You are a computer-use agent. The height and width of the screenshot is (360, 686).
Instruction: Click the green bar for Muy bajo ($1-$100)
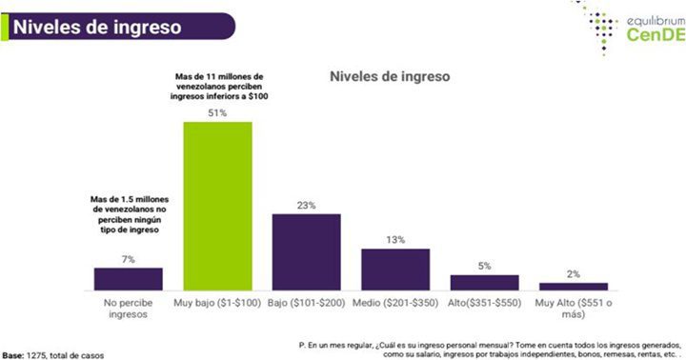(218, 205)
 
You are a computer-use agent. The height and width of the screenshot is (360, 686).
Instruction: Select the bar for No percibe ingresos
(129, 278)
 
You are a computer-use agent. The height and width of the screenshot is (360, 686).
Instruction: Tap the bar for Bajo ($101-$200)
(306, 250)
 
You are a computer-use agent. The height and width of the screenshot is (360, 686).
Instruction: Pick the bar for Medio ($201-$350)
(394, 269)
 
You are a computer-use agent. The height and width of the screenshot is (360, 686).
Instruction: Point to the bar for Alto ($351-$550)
(484, 281)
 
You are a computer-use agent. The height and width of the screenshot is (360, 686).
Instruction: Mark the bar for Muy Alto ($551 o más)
(573, 286)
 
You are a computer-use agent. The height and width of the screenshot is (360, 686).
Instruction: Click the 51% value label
(218, 112)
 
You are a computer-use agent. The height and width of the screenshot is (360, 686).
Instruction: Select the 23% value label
(306, 204)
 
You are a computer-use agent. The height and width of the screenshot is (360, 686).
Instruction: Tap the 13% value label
(394, 239)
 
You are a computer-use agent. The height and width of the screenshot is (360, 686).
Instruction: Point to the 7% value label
(129, 258)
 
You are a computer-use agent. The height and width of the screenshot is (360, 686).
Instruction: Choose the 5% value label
(484, 266)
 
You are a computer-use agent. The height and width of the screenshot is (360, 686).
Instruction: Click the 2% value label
(573, 273)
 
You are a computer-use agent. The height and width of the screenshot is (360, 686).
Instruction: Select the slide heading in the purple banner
(95, 27)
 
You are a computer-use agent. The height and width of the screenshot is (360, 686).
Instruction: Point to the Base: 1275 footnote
(53, 353)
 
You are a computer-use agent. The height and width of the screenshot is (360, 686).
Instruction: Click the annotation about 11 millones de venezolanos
(218, 86)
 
